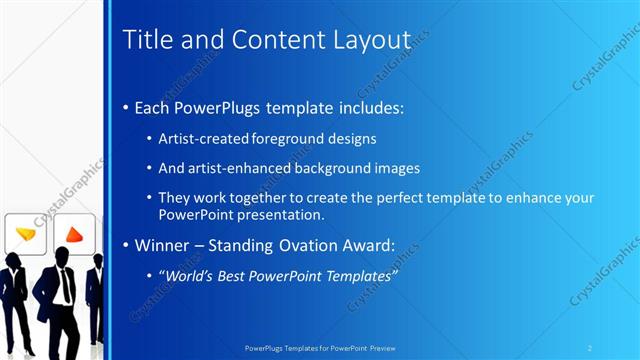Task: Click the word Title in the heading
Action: coord(144,40)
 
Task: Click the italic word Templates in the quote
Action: coord(356,273)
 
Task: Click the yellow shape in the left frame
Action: coord(25,234)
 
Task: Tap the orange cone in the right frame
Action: coord(73,235)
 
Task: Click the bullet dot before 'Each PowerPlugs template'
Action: coord(125,108)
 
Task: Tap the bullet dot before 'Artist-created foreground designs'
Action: coord(150,139)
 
